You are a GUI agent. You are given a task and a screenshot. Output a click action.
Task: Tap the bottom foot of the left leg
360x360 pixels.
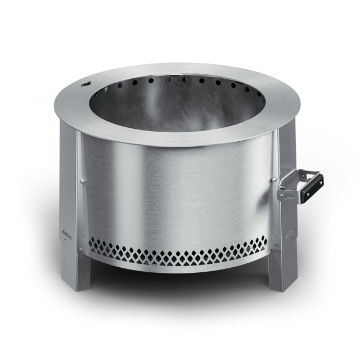(x=78, y=284)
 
